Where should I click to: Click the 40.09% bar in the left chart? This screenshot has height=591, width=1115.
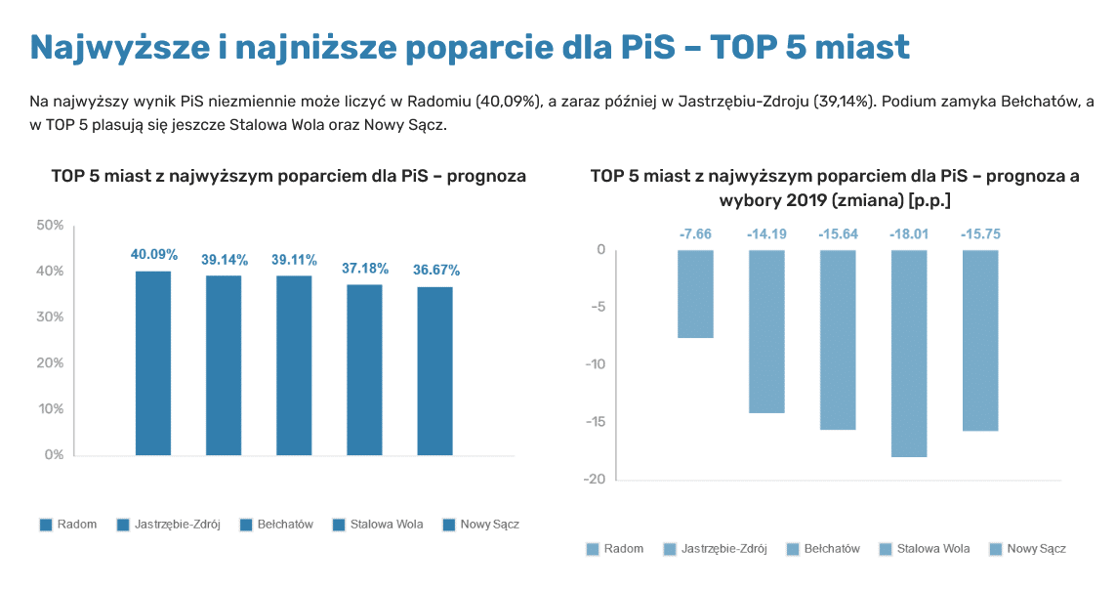153,362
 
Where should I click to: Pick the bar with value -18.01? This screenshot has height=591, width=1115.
908,353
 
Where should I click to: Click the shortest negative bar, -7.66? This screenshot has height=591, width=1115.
696,294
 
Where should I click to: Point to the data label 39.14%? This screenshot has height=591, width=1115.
225,260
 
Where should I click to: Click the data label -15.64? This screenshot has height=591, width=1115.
838,234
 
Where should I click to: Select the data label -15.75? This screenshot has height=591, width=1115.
979,234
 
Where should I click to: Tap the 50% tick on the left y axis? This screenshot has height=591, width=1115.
50,226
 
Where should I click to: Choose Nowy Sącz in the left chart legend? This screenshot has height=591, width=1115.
480,525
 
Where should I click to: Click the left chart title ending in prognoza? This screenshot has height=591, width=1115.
289,177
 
